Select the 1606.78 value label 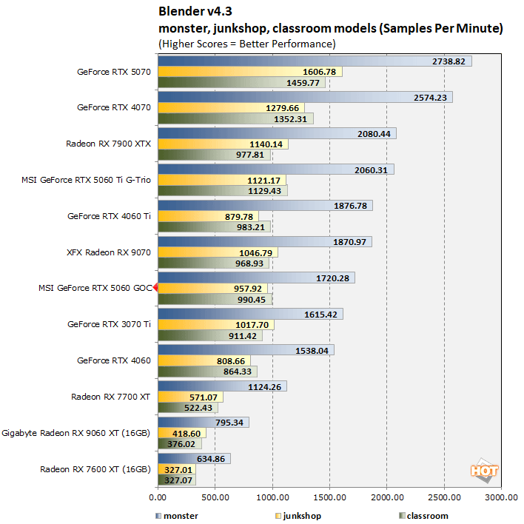pos(320,72)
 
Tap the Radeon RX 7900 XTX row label pos(108,144)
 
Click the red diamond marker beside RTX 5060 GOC pos(156,288)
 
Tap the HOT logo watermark pos(483,471)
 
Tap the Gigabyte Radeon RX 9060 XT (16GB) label pos(77,432)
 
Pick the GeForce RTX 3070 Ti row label pos(109,324)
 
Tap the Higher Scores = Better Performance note pos(247,44)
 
